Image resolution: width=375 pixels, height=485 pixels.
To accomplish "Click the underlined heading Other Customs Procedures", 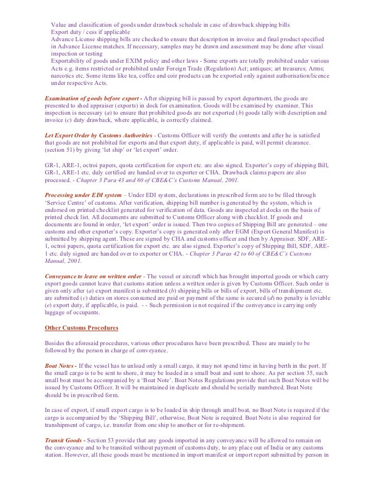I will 82,328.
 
